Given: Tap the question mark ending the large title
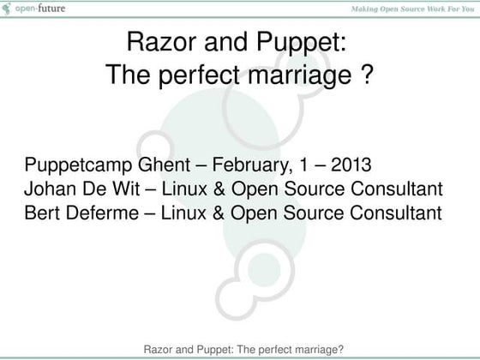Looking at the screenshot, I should click(365, 76).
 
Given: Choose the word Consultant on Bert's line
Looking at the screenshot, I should click(389, 211).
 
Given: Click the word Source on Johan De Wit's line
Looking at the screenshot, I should click(321, 189).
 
